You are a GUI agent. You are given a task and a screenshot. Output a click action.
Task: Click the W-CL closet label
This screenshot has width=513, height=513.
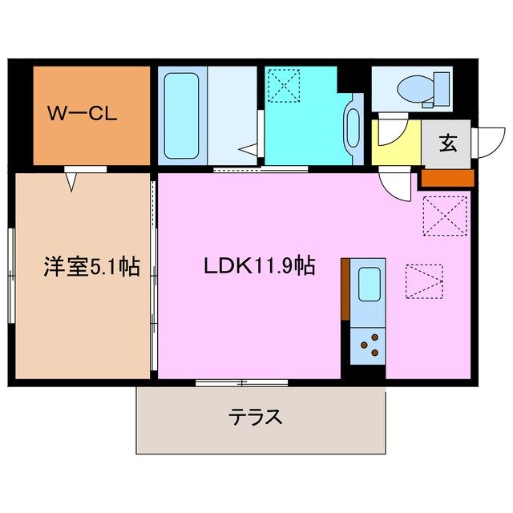tap(82, 114)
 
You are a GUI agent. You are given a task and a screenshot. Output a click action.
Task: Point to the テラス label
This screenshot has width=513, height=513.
tap(256, 417)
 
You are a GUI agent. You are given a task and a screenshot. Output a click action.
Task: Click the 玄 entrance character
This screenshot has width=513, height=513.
tap(447, 144)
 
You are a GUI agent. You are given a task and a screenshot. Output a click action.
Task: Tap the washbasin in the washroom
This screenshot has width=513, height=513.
tap(353, 124)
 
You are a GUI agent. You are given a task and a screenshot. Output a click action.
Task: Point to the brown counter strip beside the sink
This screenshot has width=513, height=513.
tap(345, 289)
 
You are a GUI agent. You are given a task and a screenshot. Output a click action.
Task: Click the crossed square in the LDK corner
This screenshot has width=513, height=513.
tap(445, 216)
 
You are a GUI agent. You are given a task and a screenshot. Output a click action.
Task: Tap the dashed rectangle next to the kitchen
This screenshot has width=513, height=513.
tap(423, 281)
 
